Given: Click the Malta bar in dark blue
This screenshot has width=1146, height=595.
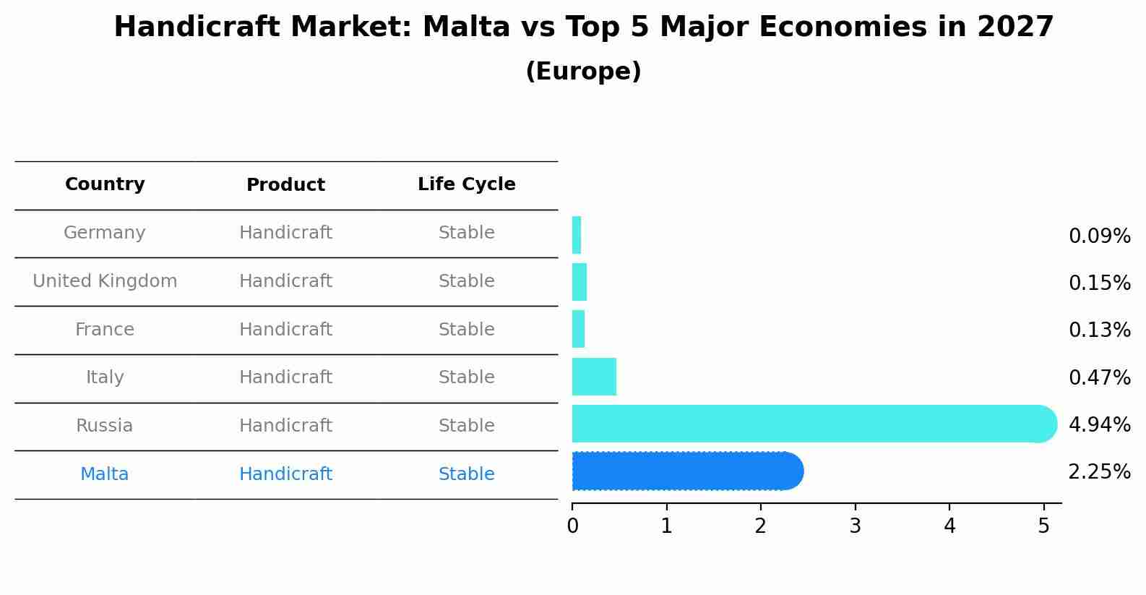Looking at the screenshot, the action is pyautogui.click(x=688, y=471).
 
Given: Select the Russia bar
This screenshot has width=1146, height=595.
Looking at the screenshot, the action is pyautogui.click(x=814, y=424).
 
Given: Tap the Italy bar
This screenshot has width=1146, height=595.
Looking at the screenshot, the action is pyautogui.click(x=594, y=377).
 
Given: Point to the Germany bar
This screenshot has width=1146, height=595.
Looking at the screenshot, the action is pyautogui.click(x=577, y=235).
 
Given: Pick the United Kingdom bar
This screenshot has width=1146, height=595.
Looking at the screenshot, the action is pyautogui.click(x=579, y=282).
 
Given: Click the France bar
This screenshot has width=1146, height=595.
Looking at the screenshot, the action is pyautogui.click(x=578, y=329).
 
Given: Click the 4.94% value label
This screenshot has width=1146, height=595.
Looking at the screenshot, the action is pyautogui.click(x=1100, y=424).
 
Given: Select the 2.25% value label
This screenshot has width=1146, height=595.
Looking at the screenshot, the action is pyautogui.click(x=1100, y=471).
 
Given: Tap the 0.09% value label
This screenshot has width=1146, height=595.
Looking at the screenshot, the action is pyautogui.click(x=1100, y=236).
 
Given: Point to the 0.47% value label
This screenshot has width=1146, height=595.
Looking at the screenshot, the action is pyautogui.click(x=1100, y=377).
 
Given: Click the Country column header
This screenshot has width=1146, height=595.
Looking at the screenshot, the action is pyautogui.click(x=105, y=184).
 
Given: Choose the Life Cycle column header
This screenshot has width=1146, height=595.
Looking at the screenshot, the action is pyautogui.click(x=467, y=184).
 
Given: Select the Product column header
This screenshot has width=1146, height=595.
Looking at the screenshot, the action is pyautogui.click(x=285, y=184).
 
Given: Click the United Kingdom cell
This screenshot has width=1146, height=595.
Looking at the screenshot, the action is pyautogui.click(x=105, y=281).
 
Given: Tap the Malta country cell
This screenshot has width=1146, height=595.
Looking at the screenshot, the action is pyautogui.click(x=104, y=474).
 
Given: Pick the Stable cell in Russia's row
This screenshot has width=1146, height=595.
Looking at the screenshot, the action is pyautogui.click(x=467, y=426).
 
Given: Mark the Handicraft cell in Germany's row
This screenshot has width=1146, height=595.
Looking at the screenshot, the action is pyautogui.click(x=286, y=233).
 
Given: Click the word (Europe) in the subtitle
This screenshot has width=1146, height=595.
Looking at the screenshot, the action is pyautogui.click(x=583, y=71).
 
